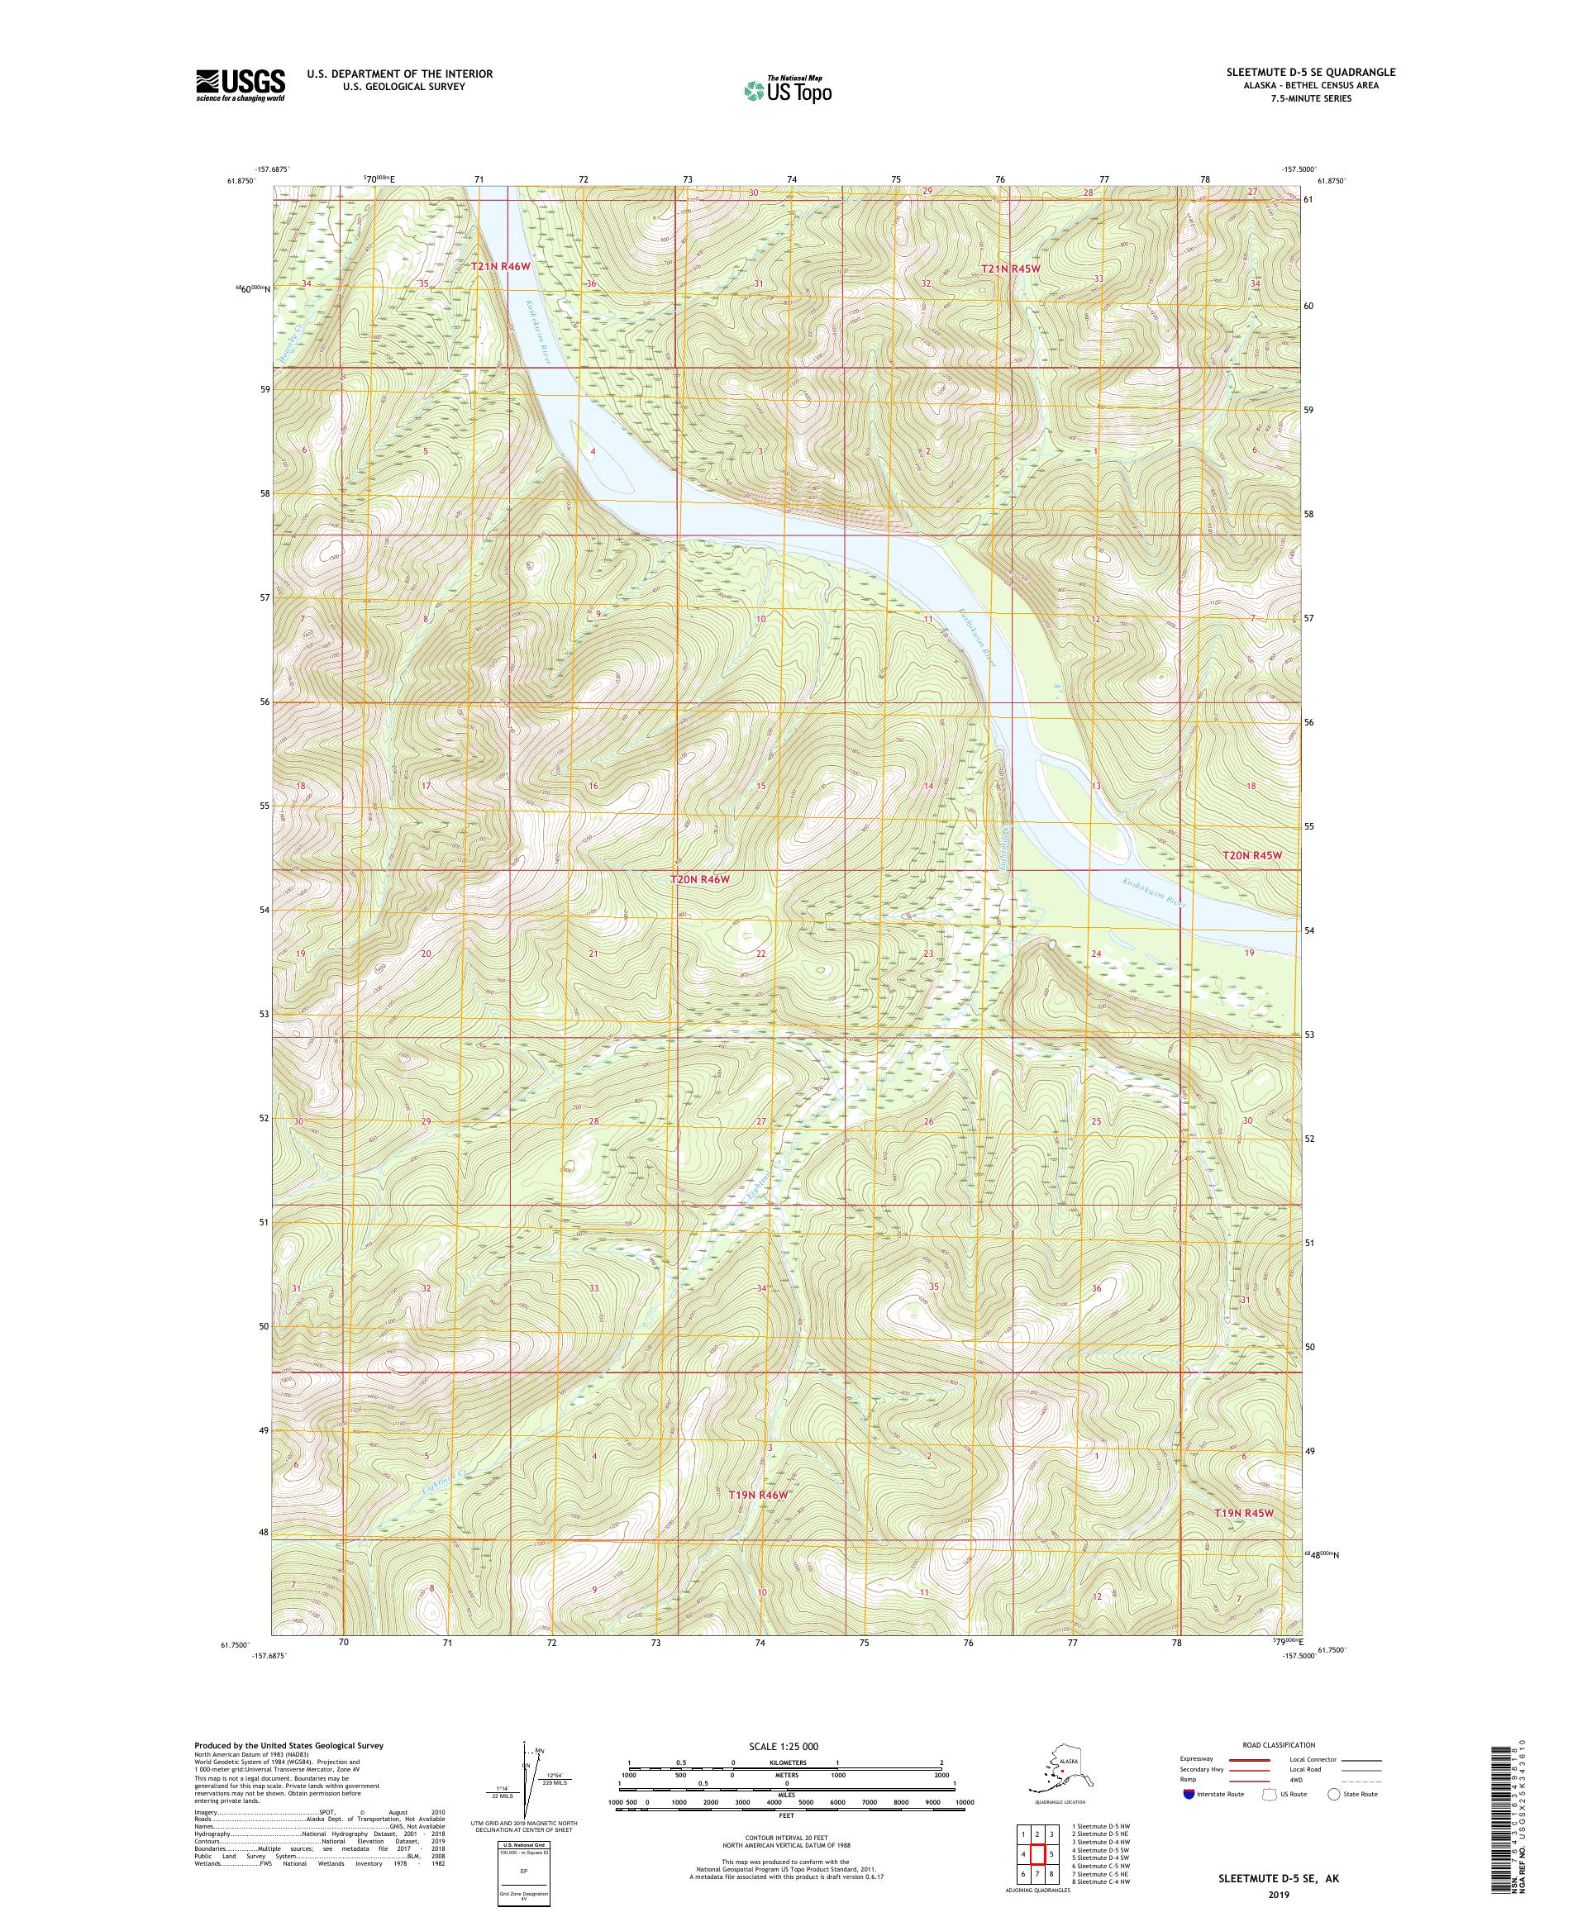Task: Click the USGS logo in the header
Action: (x=239, y=85)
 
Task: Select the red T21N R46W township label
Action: (x=499, y=265)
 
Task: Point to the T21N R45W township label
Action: (x=1010, y=269)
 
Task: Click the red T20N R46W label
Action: (x=700, y=879)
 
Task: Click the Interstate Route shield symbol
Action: (x=1187, y=1794)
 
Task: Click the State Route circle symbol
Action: (x=1334, y=1794)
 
